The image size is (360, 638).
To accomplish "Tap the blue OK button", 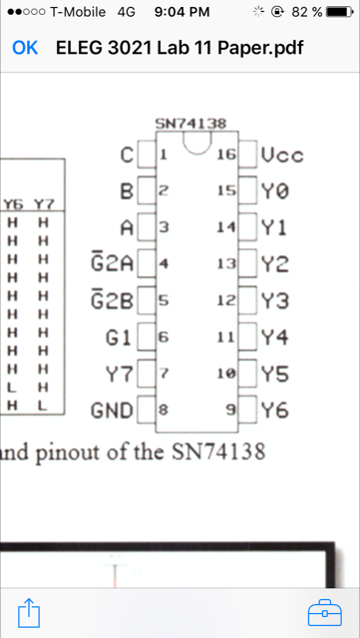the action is coord(25,48).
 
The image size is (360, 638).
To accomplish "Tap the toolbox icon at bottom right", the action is coord(321,608).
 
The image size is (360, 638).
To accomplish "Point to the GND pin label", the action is coord(111,410).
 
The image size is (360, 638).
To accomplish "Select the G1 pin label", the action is coord(119,337).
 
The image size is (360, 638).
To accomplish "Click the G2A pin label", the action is coord(112,264).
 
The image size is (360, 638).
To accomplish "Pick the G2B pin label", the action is coord(112,300).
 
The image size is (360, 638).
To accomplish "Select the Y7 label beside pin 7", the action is coord(118,374).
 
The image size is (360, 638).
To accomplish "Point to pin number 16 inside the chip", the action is coord(224,156).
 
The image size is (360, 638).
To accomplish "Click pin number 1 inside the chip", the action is coord(164,156).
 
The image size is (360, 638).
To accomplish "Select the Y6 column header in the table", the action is coord(14,204).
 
